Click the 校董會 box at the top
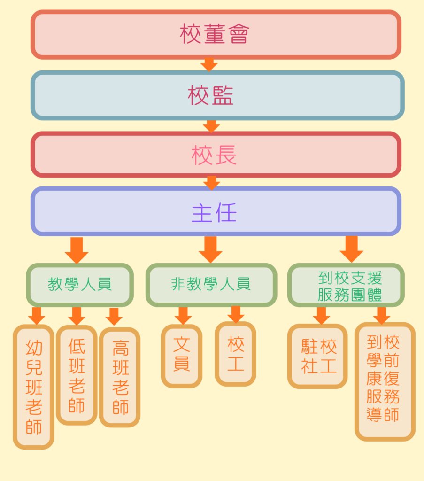pyautogui.click(x=216, y=35)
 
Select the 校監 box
pyautogui.click(x=217, y=95)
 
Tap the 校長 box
pyautogui.click(x=216, y=155)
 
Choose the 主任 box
pyautogui.click(x=216, y=211)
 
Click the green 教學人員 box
pyautogui.click(x=80, y=285)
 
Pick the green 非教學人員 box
pyautogui.click(x=211, y=285)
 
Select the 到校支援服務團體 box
pyautogui.click(x=346, y=285)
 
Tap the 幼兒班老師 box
pyautogui.click(x=33, y=387)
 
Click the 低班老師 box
pyautogui.click(x=77, y=375)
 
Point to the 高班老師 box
pyautogui.click(x=120, y=377)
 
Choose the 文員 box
pyautogui.click(x=182, y=356)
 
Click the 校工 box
pyautogui.click(x=236, y=354)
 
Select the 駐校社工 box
pyautogui.click(x=317, y=356)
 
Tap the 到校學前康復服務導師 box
pyautogui.click(x=385, y=381)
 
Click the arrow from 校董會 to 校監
pyautogui.click(x=209, y=64)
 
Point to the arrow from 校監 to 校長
pyautogui.click(x=211, y=125)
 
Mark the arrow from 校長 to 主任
pyautogui.click(x=211, y=182)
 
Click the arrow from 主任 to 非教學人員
pyautogui.click(x=210, y=249)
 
